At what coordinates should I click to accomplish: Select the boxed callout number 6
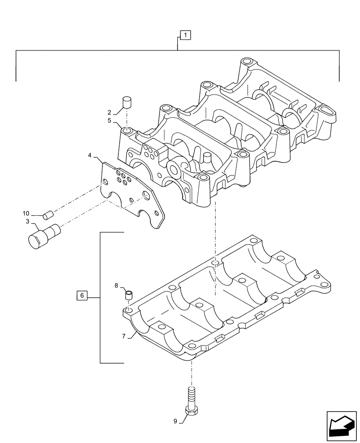[x=82, y=295]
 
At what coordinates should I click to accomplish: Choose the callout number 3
[x=27, y=221]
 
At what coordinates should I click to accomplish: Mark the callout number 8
[x=116, y=286]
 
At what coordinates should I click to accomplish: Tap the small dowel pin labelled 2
[x=127, y=103]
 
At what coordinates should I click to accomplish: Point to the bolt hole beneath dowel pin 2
[x=127, y=131]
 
